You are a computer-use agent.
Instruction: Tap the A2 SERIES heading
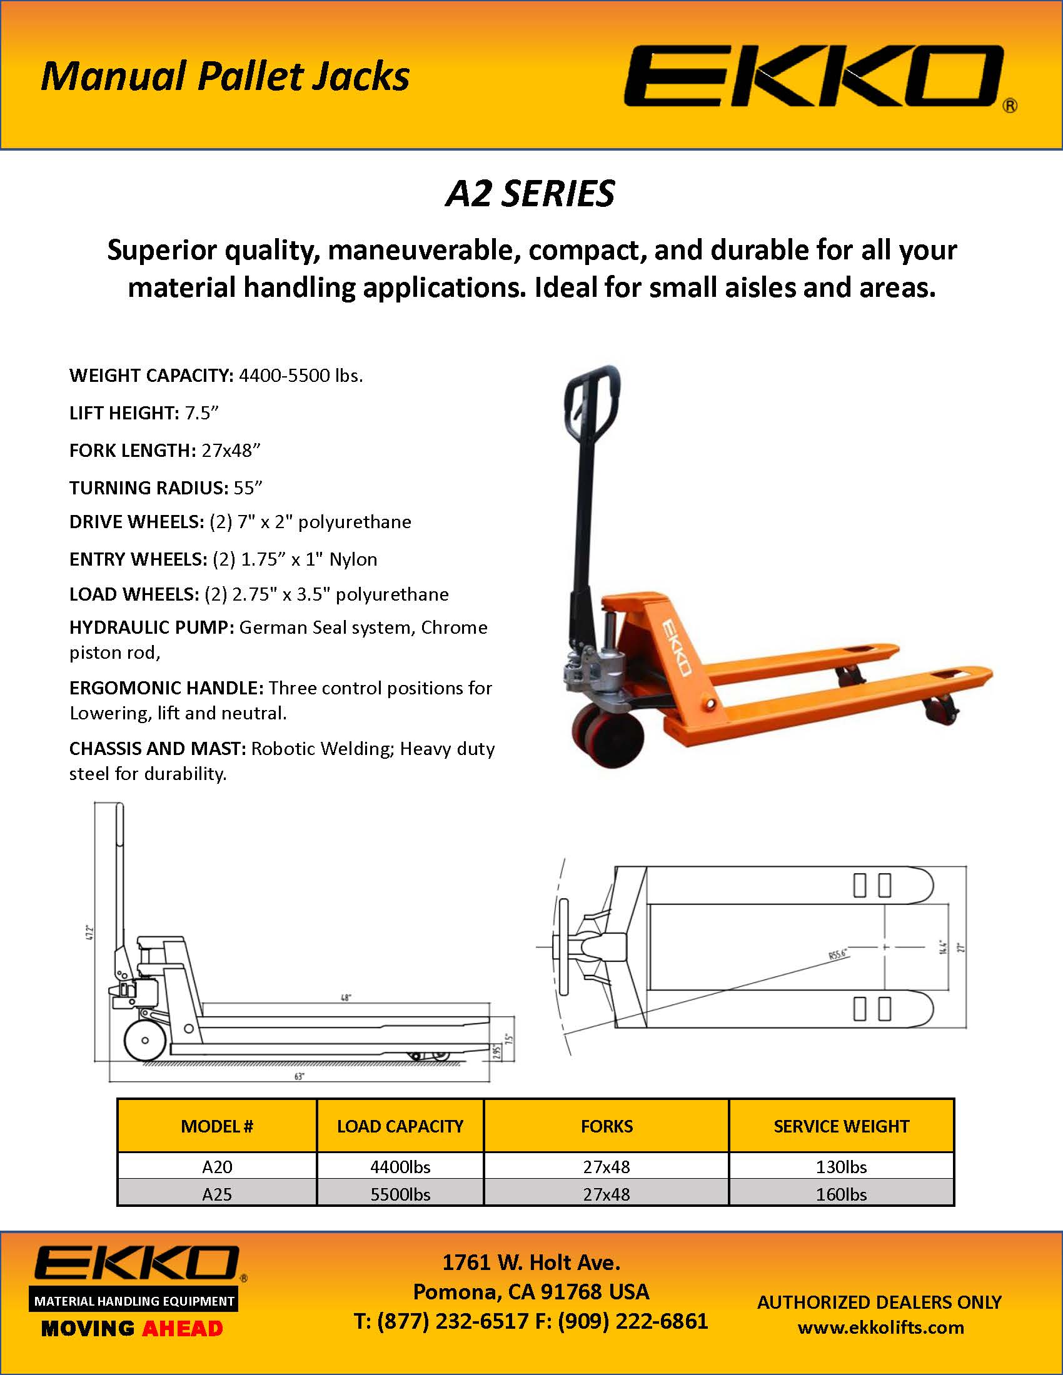(x=530, y=193)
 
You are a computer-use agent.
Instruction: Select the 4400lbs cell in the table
(x=400, y=1167)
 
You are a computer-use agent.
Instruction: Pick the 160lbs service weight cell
(x=840, y=1194)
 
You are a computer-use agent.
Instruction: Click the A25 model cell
(x=216, y=1194)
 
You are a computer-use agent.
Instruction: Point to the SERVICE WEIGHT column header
(x=840, y=1126)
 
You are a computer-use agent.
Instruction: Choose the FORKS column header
(x=607, y=1126)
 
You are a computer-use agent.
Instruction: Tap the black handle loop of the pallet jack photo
(x=592, y=403)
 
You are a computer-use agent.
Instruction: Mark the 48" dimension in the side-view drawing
(x=346, y=998)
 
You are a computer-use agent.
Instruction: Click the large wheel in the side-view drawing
(x=145, y=1041)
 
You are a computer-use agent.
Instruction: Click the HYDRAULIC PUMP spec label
(x=151, y=627)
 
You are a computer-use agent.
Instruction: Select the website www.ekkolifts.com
(x=880, y=1327)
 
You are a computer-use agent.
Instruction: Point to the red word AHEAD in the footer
(x=183, y=1329)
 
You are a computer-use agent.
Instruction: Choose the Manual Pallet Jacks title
(x=225, y=76)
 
